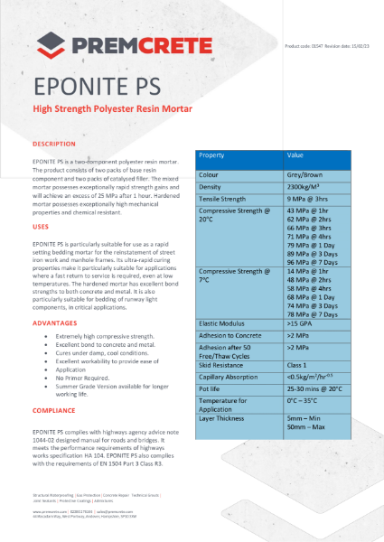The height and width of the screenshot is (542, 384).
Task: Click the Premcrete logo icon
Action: (47, 42)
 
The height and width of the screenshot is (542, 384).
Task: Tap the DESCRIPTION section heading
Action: (53, 144)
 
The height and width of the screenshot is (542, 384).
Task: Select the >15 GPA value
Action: (301, 322)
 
